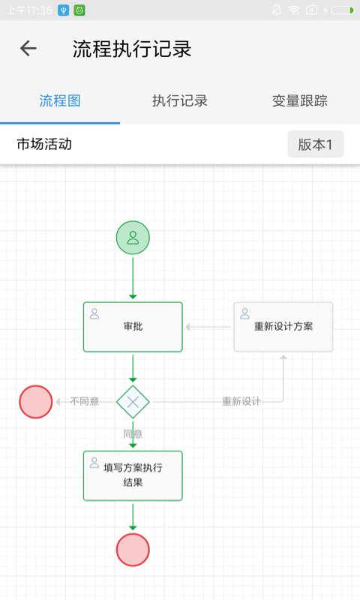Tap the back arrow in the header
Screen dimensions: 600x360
28,49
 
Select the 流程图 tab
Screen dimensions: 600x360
60,100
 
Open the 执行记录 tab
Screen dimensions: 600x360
180,100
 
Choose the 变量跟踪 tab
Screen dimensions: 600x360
299,100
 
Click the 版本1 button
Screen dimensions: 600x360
315,145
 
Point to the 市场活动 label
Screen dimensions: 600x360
44,144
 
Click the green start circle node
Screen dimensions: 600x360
133,238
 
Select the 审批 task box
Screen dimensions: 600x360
133,327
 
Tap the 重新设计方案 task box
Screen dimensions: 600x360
283,327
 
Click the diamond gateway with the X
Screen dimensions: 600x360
133,402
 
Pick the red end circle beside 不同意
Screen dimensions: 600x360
35,401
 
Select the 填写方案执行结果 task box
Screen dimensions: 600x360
133,475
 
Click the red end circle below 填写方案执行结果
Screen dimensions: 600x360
133,550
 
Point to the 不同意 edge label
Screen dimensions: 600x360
84,401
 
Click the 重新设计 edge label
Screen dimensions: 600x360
241,401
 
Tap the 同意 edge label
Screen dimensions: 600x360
133,433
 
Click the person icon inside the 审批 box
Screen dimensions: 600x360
94,313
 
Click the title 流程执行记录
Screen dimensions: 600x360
132,49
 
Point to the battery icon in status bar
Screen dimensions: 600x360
342,10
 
